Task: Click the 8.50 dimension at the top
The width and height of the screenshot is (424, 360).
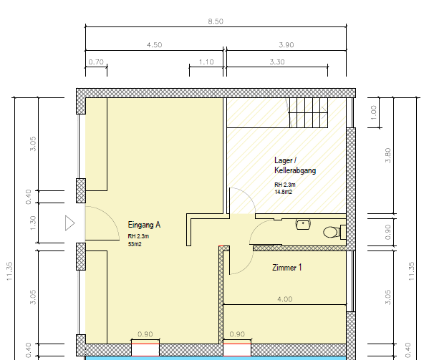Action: coord(216,21)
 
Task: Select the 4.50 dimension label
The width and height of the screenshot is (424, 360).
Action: coord(155,45)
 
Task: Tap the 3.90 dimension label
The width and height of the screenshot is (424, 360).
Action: coord(286,45)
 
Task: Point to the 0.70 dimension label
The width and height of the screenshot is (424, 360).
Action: coord(96,62)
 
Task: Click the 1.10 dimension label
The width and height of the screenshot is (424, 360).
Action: coord(206,62)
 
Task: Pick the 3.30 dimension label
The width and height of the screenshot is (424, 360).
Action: coord(277,62)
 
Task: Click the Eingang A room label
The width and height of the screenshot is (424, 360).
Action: coord(144,225)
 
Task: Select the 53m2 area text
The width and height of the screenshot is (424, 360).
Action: coord(135,244)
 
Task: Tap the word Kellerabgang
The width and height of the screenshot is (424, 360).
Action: coord(295,170)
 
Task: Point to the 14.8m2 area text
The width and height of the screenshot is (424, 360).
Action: coord(283,192)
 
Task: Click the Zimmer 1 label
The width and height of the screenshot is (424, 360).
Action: coord(286,268)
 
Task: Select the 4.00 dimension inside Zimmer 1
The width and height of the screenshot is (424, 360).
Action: coord(285,299)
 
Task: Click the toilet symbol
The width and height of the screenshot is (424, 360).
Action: coord(334,232)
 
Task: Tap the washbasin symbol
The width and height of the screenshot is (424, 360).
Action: coord(303,224)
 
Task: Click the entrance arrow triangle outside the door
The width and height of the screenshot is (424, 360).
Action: coord(69,223)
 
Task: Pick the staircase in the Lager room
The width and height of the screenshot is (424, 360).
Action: coord(308,112)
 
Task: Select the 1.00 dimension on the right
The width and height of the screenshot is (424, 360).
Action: coord(373,112)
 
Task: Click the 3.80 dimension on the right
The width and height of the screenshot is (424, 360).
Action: coord(387,155)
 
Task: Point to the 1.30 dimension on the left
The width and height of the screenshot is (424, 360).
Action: coord(33,223)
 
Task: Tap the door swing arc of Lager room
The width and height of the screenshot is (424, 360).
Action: coord(248,195)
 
